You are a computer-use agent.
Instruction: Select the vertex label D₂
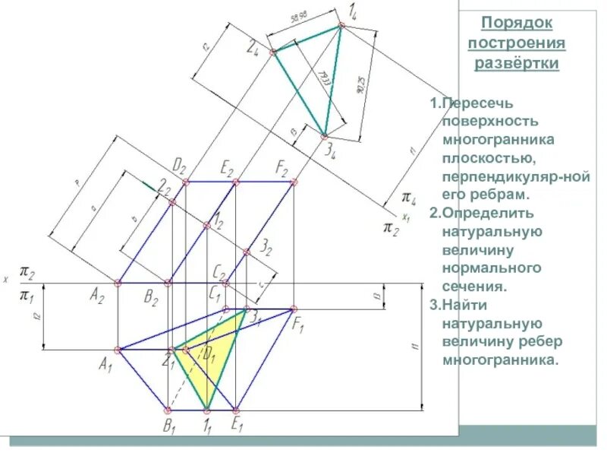[x=180, y=165]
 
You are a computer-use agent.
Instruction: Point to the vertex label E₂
[x=227, y=166]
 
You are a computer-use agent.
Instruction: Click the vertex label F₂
[x=282, y=166]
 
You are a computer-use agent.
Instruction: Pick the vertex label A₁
[x=106, y=365]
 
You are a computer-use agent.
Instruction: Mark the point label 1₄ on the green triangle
[x=354, y=11]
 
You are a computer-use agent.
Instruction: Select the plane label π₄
[x=409, y=200]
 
